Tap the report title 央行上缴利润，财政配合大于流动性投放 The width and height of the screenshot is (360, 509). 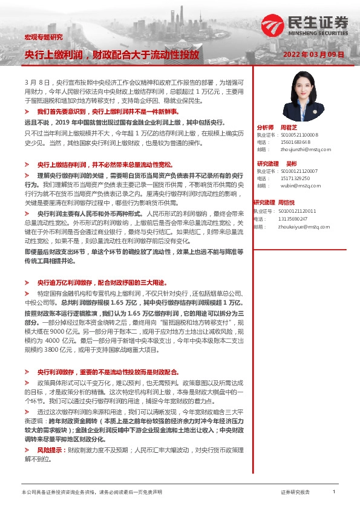tap(111, 55)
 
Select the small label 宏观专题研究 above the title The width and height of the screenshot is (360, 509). tap(38, 38)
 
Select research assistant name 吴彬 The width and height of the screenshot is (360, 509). tap(291, 164)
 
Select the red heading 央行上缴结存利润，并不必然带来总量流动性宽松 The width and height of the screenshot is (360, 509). tap(105, 164)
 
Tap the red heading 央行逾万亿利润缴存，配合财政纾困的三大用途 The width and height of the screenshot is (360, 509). tap(101, 282)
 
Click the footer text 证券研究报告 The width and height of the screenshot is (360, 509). tap(296, 493)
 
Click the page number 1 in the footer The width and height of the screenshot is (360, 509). tap(333, 493)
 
